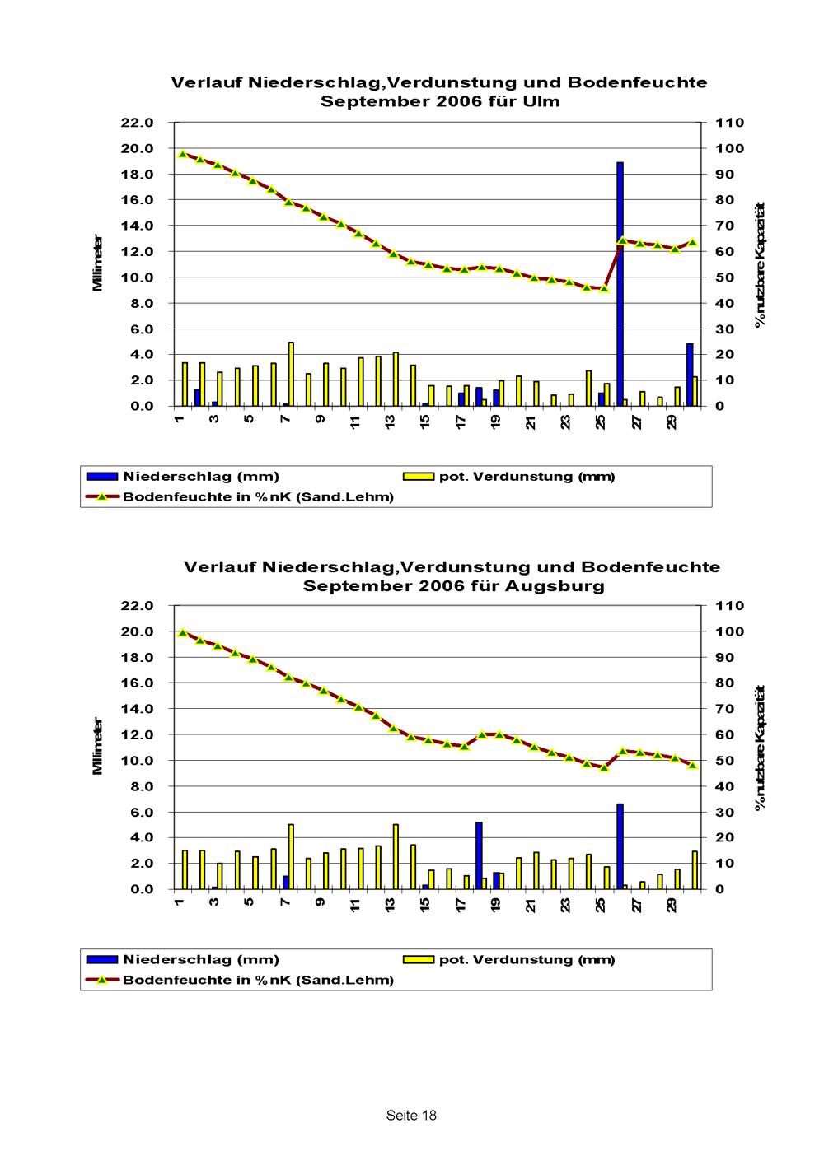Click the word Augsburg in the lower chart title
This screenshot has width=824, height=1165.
pos(555,586)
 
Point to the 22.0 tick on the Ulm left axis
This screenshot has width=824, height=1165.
pos(138,123)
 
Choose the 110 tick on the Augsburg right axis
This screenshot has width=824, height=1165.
pos(731,606)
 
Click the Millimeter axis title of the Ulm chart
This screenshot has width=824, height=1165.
pos(98,263)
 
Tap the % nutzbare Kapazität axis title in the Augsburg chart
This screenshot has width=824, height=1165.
pos(760,747)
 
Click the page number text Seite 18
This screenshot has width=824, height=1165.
pos(411,1116)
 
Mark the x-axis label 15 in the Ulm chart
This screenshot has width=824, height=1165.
pos(425,422)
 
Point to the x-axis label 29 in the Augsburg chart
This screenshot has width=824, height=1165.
pos(672,905)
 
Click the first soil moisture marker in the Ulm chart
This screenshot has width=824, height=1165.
pos(183,154)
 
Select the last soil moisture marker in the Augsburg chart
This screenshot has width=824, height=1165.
pos(692,766)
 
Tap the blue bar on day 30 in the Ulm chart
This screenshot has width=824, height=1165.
pos(690,375)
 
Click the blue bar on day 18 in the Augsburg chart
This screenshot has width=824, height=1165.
pos(479,855)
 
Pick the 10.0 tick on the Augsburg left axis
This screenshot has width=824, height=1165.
pos(138,761)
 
